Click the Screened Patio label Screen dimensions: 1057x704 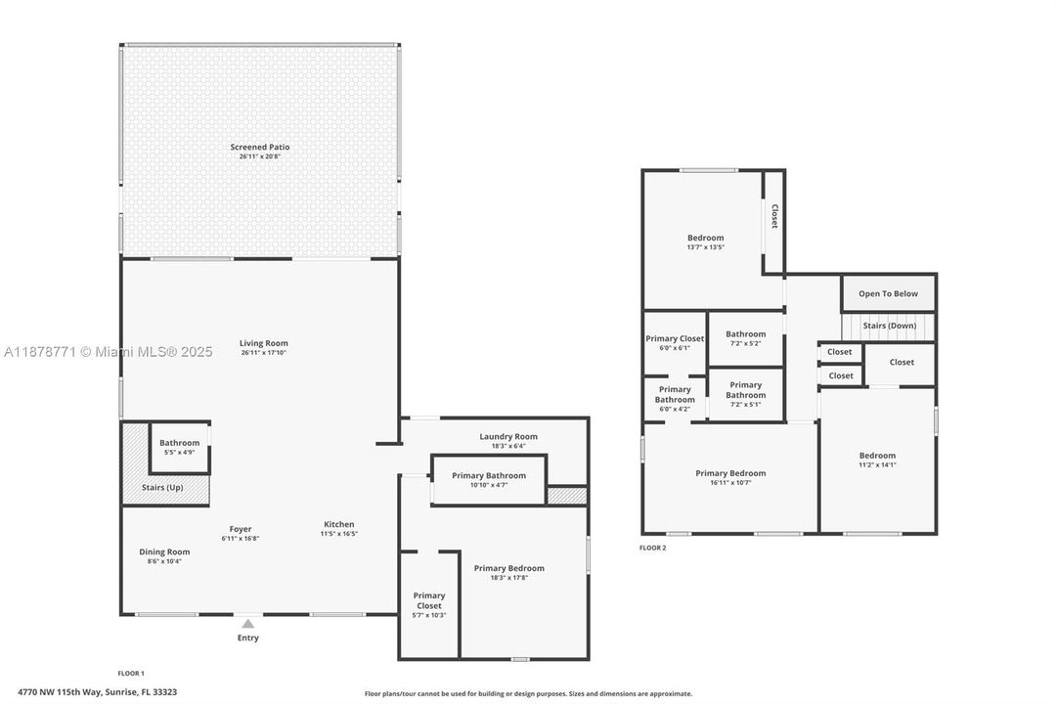pyautogui.click(x=259, y=147)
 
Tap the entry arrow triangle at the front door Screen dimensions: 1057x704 pyautogui.click(x=248, y=624)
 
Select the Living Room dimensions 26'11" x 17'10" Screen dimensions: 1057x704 pyautogui.click(x=264, y=353)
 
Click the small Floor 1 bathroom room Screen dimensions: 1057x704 pyautogui.click(x=179, y=448)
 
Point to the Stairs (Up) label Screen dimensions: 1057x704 pyautogui.click(x=162, y=488)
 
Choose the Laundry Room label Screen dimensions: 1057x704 pyautogui.click(x=508, y=436)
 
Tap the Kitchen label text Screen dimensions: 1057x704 pyautogui.click(x=339, y=524)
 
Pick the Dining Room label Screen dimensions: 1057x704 pyautogui.click(x=164, y=551)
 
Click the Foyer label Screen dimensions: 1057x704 pyautogui.click(x=240, y=529)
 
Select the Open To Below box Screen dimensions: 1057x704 pyautogui.click(x=889, y=293)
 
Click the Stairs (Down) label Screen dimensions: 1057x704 pyautogui.click(x=890, y=326)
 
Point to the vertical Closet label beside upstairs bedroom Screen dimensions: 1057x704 pyautogui.click(x=774, y=216)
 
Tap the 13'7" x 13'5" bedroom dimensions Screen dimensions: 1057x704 pyautogui.click(x=706, y=247)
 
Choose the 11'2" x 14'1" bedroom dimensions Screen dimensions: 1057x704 pyautogui.click(x=878, y=464)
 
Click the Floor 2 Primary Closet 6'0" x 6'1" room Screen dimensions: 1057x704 pyautogui.click(x=675, y=342)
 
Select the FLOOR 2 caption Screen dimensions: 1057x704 pyautogui.click(x=652, y=548)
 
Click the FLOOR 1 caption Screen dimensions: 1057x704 pyautogui.click(x=131, y=673)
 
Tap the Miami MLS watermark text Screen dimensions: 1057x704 pyautogui.click(x=109, y=351)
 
